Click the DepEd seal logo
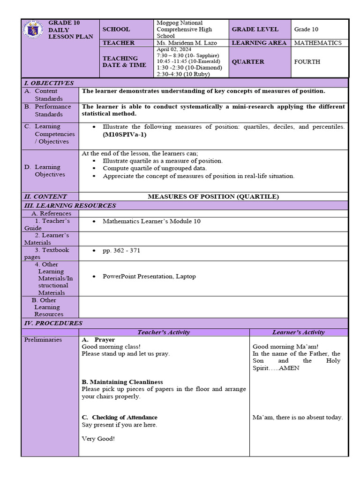[x=35, y=31]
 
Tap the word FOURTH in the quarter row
[x=307, y=62]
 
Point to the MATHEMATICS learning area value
[x=318, y=43]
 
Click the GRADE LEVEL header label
[x=255, y=29]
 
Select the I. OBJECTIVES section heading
[x=49, y=83]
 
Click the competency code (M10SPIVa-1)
[x=125, y=134]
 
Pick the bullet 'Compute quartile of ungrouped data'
[x=155, y=168]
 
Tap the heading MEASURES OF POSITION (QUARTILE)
[x=213, y=196]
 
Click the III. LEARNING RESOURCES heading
[x=70, y=205]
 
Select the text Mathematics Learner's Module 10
[x=151, y=221]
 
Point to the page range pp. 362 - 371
[x=121, y=250]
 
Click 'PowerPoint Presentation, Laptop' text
[x=149, y=276]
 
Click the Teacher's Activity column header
[x=164, y=332]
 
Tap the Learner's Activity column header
[x=298, y=332]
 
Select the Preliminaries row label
[x=43, y=340]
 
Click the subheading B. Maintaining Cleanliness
[x=122, y=382]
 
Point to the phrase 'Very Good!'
[x=98, y=439]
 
